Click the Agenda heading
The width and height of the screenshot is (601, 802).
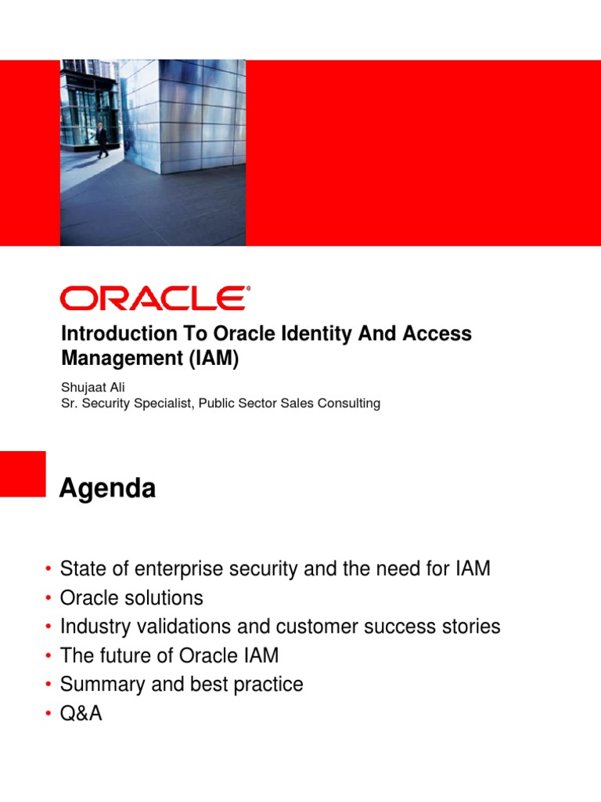[x=108, y=490]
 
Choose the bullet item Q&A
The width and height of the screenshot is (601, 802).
[x=81, y=713]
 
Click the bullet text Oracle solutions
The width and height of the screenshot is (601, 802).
[x=131, y=598]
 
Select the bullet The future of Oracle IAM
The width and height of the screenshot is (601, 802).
[x=169, y=656]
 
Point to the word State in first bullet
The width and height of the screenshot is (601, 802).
[x=82, y=569]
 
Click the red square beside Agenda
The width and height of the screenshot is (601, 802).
[x=23, y=474]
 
